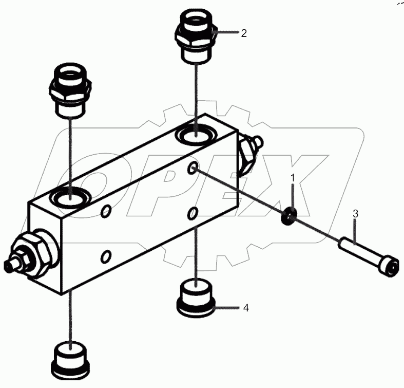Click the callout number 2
(x=244, y=34)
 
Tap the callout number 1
(x=293, y=178)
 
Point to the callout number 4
(x=246, y=308)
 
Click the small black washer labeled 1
(x=288, y=217)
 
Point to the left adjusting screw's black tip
(x=9, y=266)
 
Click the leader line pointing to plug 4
(x=226, y=308)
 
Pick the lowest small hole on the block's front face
(x=106, y=255)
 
